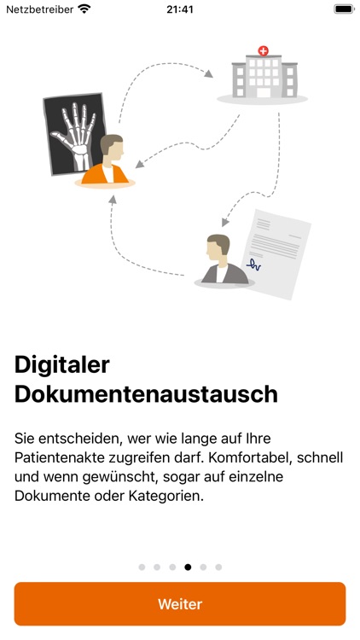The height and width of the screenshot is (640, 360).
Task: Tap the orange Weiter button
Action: tap(180, 603)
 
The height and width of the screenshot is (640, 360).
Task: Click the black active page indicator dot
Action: tap(188, 567)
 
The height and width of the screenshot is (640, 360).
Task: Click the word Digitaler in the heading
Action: tap(62, 365)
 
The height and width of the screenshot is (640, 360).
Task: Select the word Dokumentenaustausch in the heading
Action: tap(146, 395)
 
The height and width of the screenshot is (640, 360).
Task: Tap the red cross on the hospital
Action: tap(264, 51)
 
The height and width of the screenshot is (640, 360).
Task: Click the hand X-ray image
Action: tap(74, 134)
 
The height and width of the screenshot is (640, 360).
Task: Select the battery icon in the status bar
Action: tap(344, 9)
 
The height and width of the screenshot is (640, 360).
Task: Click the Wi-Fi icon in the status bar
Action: tap(84, 9)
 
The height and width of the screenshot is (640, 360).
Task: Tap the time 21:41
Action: tap(180, 9)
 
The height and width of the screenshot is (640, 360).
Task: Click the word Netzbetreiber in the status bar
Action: tap(39, 9)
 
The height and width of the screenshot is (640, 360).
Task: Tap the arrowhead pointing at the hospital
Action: tap(208, 73)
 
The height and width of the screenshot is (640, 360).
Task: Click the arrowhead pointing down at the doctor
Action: tap(224, 223)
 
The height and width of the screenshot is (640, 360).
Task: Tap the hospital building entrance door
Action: tap(264, 92)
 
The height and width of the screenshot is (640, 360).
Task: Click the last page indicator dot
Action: tap(218, 567)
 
